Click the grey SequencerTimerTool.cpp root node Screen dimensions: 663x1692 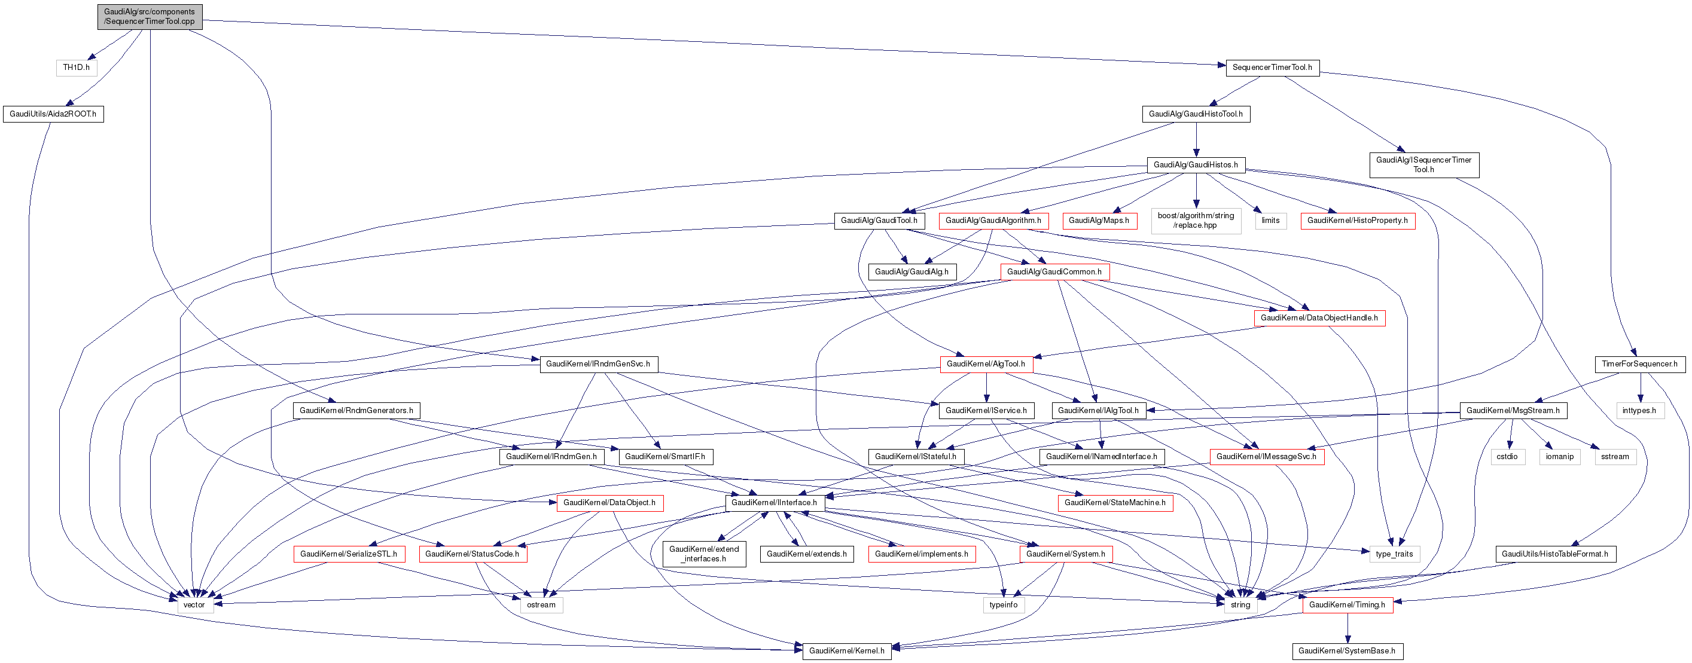[x=150, y=16]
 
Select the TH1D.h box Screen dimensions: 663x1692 [x=76, y=68]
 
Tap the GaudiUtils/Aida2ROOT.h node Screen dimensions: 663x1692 [x=53, y=114]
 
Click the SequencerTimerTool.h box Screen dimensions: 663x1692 [x=1272, y=68]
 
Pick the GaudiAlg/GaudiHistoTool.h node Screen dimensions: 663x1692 [x=1196, y=114]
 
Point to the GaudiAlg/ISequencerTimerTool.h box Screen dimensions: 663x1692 [x=1423, y=165]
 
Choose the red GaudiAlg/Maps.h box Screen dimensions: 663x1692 [x=1098, y=221]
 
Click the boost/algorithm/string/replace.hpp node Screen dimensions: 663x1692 [x=1196, y=221]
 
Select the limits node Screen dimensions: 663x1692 [x=1270, y=221]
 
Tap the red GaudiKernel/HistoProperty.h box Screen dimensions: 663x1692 [x=1357, y=221]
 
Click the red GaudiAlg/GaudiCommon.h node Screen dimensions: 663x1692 [x=1054, y=272]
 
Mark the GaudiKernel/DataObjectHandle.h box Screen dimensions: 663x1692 [x=1319, y=317]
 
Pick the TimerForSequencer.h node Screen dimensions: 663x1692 [x=1639, y=364]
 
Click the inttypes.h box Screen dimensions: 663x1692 [x=1639, y=411]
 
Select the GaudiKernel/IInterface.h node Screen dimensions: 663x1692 [x=774, y=503]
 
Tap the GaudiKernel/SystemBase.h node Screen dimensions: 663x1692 [x=1346, y=651]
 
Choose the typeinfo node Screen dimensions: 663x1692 [x=1003, y=605]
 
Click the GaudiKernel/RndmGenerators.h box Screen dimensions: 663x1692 [x=356, y=411]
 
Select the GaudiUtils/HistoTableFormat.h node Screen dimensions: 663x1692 [x=1554, y=554]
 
